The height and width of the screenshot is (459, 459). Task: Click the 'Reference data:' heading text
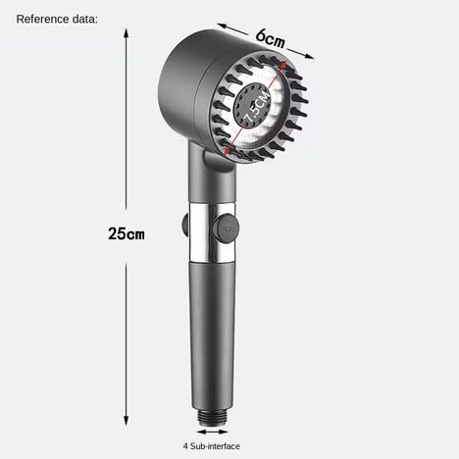point(57,19)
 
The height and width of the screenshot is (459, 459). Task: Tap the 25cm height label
point(127,233)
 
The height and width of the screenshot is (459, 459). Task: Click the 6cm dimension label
point(270,38)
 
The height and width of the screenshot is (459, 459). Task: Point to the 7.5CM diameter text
point(258,107)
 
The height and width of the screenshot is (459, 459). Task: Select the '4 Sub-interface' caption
point(212,446)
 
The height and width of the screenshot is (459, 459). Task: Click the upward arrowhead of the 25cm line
point(127,32)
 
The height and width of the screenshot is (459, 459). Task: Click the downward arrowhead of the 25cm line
point(127,421)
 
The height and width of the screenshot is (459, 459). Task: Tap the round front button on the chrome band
point(225,229)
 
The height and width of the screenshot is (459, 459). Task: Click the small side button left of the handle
point(185,226)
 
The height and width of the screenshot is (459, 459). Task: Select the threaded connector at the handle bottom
point(212,417)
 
